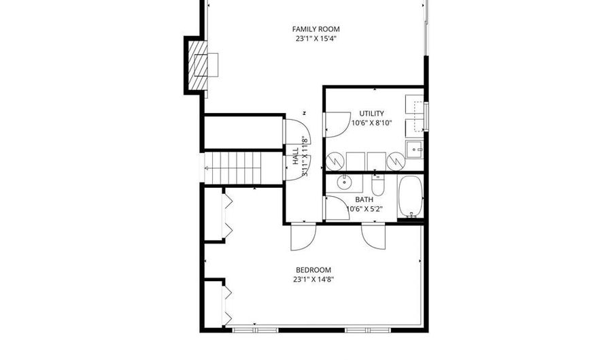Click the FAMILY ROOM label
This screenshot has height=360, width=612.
[x=316, y=29]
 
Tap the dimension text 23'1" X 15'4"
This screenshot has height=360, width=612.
[x=316, y=39]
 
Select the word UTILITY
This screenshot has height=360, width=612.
[x=371, y=114]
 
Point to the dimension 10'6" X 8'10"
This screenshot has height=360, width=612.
[x=371, y=123]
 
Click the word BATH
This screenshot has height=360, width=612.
[x=364, y=199]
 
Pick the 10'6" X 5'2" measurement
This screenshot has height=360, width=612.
[x=364, y=209]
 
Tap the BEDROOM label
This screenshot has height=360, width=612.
[x=313, y=269]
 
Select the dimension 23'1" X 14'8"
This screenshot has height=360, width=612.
[x=313, y=280]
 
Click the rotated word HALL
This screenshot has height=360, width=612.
[x=296, y=156]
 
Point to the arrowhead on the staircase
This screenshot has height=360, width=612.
[x=207, y=168]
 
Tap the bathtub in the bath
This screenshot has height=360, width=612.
[x=410, y=197]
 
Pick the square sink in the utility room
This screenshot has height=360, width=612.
[x=414, y=149]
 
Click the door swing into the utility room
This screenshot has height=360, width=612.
[x=337, y=125]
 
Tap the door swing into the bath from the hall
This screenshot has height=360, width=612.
[x=336, y=208]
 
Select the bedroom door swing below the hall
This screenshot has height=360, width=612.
[x=303, y=237]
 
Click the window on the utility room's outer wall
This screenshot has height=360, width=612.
[x=426, y=116]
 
